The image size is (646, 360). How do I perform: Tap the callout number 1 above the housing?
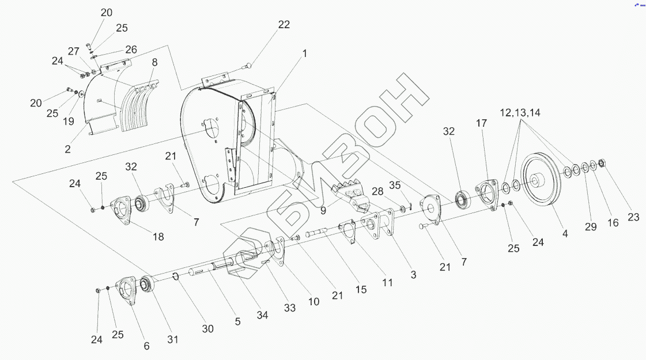coord(304,54)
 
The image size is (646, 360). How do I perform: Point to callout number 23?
coord(633,218)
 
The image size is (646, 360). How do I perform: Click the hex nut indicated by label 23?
coord(602,163)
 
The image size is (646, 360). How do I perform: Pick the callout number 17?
coord(482,123)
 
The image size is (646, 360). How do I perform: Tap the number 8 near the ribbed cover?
coord(154,62)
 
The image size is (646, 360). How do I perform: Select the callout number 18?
coord(157,236)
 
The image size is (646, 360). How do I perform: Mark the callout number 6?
coord(146,346)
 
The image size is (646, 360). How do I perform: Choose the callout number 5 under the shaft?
coord(237,322)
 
